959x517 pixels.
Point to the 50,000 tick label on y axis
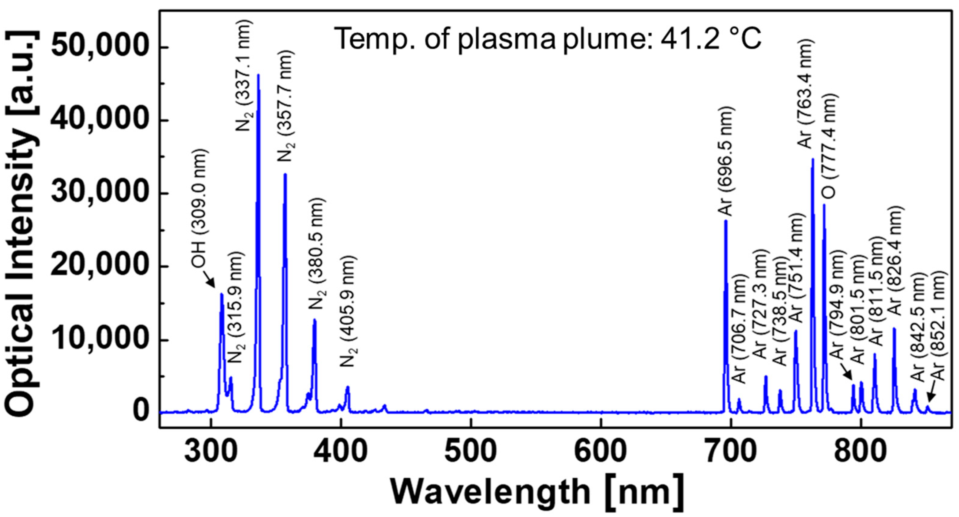click(102, 47)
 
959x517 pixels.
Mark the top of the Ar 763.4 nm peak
click(813, 159)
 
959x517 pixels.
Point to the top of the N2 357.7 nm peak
click(285, 174)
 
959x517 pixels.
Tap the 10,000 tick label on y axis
click(102, 340)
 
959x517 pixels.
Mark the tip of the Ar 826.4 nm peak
click(894, 329)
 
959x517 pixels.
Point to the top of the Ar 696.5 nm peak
click(726, 221)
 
